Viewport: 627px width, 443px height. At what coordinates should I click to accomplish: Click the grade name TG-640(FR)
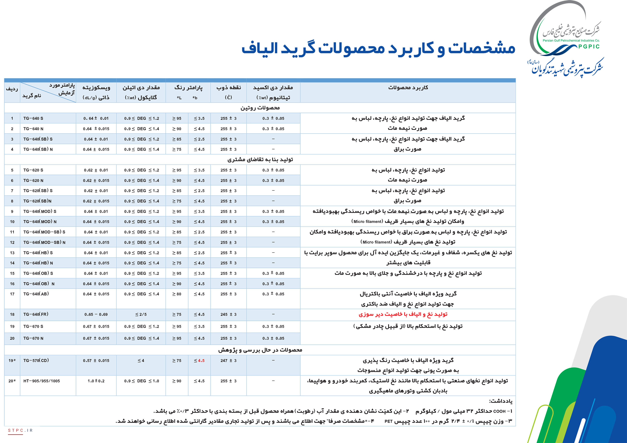click(36, 314)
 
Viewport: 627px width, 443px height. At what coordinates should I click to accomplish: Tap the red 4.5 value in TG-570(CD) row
click(201, 360)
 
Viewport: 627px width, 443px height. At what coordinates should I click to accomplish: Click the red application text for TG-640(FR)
click(403, 314)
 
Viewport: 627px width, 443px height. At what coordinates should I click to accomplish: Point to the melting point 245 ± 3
click(228, 314)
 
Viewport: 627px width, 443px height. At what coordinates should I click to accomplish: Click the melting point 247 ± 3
click(228, 360)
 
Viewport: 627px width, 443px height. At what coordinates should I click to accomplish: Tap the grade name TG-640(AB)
click(36, 294)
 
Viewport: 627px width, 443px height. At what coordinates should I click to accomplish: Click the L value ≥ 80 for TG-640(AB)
click(177, 294)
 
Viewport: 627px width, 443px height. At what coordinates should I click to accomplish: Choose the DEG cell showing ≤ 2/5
click(141, 314)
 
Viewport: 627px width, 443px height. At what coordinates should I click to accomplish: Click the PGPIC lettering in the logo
click(589, 46)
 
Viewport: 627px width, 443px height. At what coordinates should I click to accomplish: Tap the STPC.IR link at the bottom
click(20, 430)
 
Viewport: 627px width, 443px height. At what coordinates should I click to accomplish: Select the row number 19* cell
click(12, 360)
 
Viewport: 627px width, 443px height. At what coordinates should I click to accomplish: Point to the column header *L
click(179, 98)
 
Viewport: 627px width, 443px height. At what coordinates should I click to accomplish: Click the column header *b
click(195, 98)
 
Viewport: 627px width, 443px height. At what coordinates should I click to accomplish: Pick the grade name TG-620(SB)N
click(37, 201)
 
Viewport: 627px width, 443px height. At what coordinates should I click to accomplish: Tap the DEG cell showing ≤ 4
click(141, 360)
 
